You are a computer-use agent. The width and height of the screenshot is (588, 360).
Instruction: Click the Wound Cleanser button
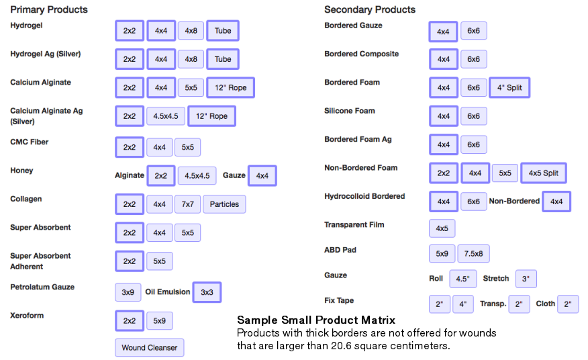coord(149,348)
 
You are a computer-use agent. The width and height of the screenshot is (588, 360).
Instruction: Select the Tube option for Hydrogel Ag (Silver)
coord(223,59)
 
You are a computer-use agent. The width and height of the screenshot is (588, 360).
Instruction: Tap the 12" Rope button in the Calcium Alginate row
coord(231,87)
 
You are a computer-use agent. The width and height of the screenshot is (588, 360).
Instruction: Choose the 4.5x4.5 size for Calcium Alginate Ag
coord(166,116)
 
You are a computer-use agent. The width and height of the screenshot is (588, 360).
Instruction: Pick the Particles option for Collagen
coord(224,204)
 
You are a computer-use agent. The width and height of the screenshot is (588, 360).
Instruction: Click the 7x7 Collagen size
coord(188,204)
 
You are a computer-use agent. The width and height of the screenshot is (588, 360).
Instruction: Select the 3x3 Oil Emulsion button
coord(207,292)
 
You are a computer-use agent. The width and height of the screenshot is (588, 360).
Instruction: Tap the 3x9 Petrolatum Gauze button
coord(128,292)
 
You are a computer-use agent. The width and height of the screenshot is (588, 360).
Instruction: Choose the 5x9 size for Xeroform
coord(159,321)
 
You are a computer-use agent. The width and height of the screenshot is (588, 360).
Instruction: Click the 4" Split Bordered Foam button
coord(509,87)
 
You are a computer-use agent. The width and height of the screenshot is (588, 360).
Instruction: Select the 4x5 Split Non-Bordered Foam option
coord(544,173)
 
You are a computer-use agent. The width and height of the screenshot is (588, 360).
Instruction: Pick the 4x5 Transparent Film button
coord(442,228)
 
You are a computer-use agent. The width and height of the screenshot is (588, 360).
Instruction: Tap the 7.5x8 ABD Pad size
coord(474,254)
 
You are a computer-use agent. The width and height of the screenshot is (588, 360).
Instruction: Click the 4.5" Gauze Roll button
coord(463,279)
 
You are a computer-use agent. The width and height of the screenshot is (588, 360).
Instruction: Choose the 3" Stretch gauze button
coord(526,279)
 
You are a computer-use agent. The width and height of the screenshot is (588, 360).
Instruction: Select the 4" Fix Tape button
coord(463,304)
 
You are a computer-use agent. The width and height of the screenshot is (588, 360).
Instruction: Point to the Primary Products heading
coord(49,9)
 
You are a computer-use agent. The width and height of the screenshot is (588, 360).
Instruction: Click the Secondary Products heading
coord(370,9)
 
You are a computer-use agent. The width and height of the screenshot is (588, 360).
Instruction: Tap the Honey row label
coord(21,171)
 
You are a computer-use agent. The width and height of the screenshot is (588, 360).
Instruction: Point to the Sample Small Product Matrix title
coord(316,320)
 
